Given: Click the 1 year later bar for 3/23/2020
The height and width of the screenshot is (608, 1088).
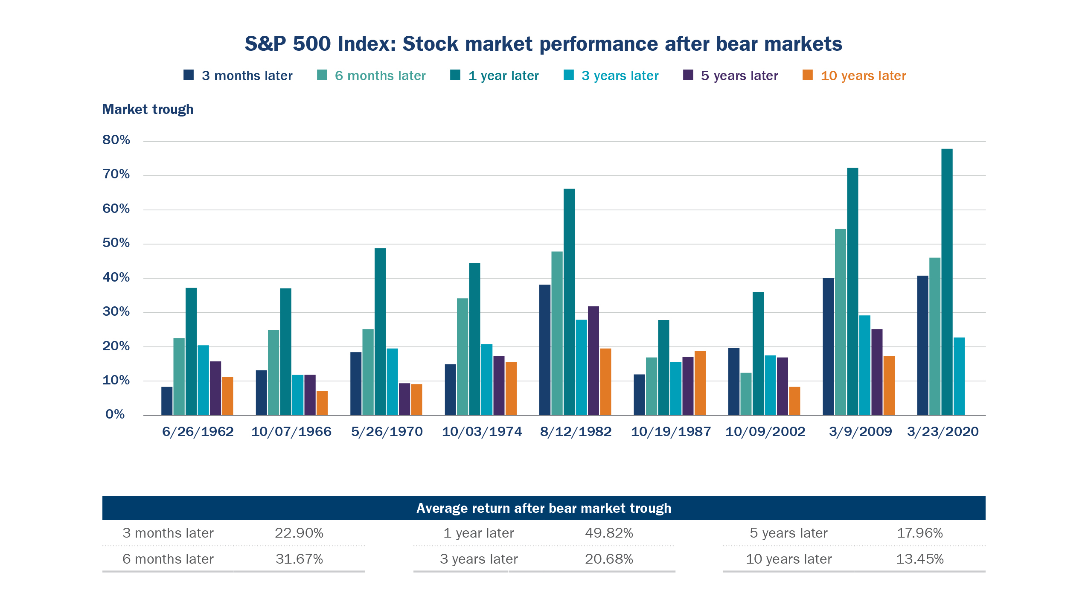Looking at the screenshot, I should click(946, 282).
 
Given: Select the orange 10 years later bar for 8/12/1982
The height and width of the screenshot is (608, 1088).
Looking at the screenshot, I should click(605, 381).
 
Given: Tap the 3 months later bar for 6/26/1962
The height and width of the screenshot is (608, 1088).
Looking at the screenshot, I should click(167, 401).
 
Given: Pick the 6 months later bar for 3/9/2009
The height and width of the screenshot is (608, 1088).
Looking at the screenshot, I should click(840, 322).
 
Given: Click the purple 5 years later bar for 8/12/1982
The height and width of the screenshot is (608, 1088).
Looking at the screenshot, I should click(593, 361).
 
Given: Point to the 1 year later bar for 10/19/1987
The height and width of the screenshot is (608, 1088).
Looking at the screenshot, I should click(663, 367).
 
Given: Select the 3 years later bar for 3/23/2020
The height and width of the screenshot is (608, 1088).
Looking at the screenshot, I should click(959, 376).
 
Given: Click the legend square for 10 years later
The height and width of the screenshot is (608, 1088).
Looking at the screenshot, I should click(807, 75).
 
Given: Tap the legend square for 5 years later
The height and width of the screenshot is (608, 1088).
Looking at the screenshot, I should click(688, 75).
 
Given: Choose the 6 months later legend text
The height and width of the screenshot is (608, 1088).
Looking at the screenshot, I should click(380, 76).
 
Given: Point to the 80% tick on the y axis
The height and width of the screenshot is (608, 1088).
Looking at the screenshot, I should click(116, 140).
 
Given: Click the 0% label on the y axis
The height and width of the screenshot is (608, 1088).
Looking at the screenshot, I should click(115, 414).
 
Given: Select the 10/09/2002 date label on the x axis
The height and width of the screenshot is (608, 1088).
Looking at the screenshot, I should click(765, 432).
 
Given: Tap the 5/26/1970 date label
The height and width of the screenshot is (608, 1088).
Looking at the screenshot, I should click(387, 432).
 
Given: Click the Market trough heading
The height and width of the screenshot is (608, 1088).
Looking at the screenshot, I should click(148, 110).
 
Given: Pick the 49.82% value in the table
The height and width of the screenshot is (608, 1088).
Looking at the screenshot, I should click(608, 533).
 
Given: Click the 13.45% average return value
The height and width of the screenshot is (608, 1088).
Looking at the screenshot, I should click(919, 559).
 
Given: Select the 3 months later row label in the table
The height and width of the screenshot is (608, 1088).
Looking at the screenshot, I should click(168, 533).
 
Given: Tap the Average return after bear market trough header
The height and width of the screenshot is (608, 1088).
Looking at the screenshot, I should click(544, 508).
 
